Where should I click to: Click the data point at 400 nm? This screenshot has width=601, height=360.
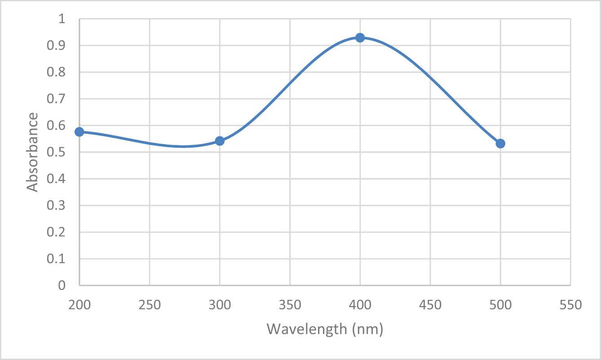[360, 38]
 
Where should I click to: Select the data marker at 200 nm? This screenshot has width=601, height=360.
[80, 132]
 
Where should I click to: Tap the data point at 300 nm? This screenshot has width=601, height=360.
[220, 141]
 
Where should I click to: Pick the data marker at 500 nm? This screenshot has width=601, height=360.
[500, 144]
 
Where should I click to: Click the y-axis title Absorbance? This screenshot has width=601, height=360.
[32, 152]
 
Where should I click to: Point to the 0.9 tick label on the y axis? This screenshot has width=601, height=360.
[57, 46]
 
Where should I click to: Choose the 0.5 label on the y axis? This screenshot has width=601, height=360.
[57, 153]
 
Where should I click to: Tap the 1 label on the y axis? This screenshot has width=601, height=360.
[62, 19]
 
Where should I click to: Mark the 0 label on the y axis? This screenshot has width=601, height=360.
[62, 285]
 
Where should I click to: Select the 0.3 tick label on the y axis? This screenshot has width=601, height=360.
[57, 206]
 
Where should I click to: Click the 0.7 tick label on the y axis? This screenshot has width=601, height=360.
[57, 99]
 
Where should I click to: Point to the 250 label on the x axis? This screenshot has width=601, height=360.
[150, 305]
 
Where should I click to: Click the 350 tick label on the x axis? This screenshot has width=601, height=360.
[290, 305]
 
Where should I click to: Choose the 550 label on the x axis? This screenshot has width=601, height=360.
[570, 305]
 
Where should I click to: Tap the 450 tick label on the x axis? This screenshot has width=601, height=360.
[430, 305]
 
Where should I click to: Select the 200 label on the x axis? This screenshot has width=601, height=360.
[80, 305]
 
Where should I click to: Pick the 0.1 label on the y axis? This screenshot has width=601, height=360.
[57, 259]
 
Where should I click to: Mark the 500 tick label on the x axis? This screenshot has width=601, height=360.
[500, 305]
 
